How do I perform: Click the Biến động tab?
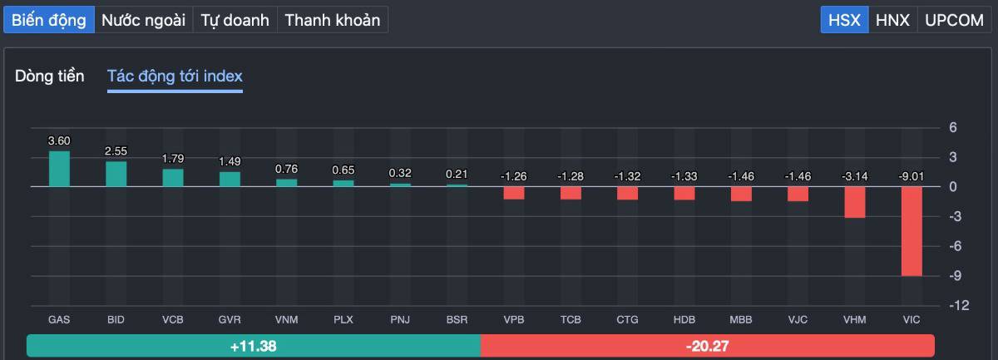49,20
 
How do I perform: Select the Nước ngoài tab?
144,20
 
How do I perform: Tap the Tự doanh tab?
235,20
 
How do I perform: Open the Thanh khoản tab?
332,20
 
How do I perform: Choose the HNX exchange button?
893,20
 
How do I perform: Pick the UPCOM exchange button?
954,20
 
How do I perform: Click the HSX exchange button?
845,20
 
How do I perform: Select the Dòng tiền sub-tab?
50,76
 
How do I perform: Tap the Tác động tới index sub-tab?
175,76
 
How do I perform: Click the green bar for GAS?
59,169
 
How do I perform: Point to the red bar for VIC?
912,231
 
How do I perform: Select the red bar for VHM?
855,202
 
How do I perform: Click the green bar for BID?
116,174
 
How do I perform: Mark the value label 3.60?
59,141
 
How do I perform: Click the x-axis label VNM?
286,319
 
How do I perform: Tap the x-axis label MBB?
741,319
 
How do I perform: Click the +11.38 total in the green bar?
253,346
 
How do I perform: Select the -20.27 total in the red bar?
708,346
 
